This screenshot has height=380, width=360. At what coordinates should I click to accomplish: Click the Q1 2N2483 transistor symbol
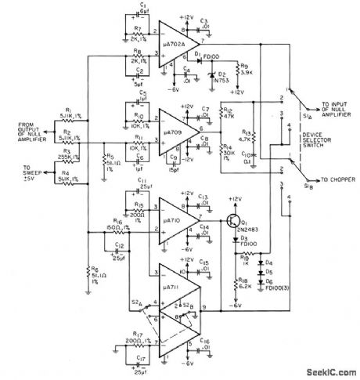point(233,219)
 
